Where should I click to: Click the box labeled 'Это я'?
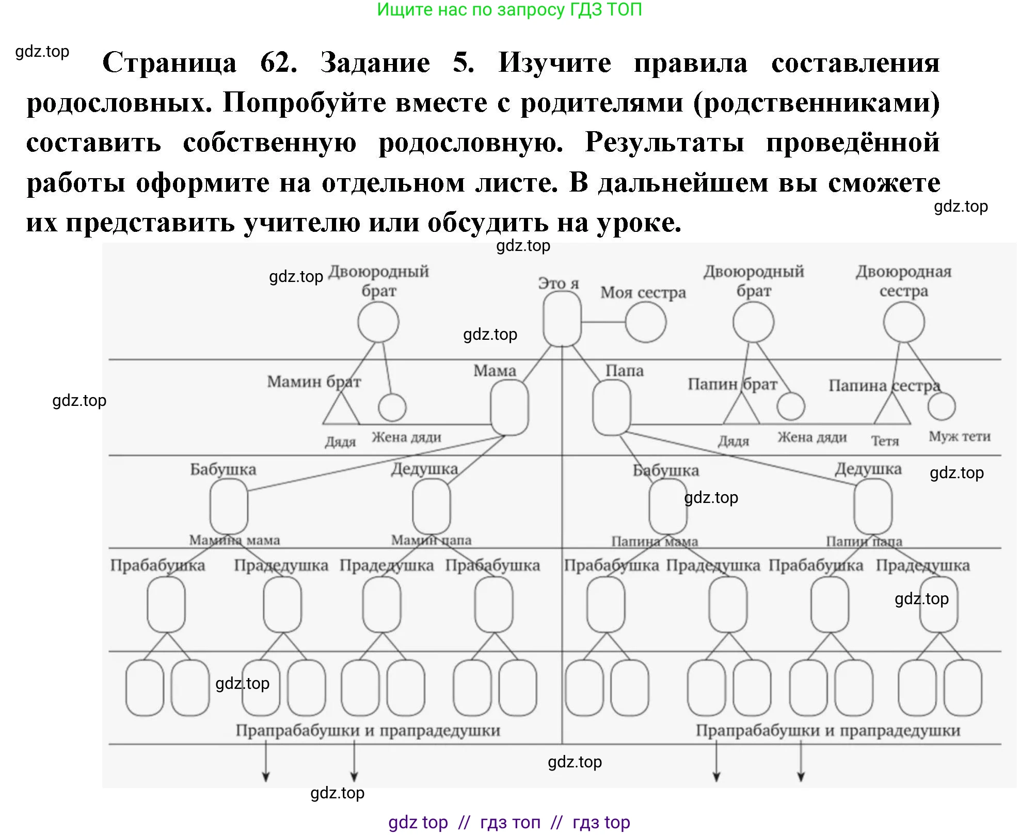coord(562,319)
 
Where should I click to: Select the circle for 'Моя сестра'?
coord(645,322)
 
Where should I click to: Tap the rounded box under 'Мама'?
coord(509,408)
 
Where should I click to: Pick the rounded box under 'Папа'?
coord(612,408)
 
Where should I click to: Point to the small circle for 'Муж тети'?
coord(941,406)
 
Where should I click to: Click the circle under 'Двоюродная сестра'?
coord(903,322)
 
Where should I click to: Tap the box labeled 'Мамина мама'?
coord(229,506)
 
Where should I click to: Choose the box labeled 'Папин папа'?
coord(872,506)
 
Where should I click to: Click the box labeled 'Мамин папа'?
coord(431,506)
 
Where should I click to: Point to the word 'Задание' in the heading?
coord(375,63)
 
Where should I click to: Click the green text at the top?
coord(509,9)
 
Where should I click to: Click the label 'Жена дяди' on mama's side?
coord(406,437)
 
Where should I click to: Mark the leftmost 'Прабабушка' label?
coord(157,565)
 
